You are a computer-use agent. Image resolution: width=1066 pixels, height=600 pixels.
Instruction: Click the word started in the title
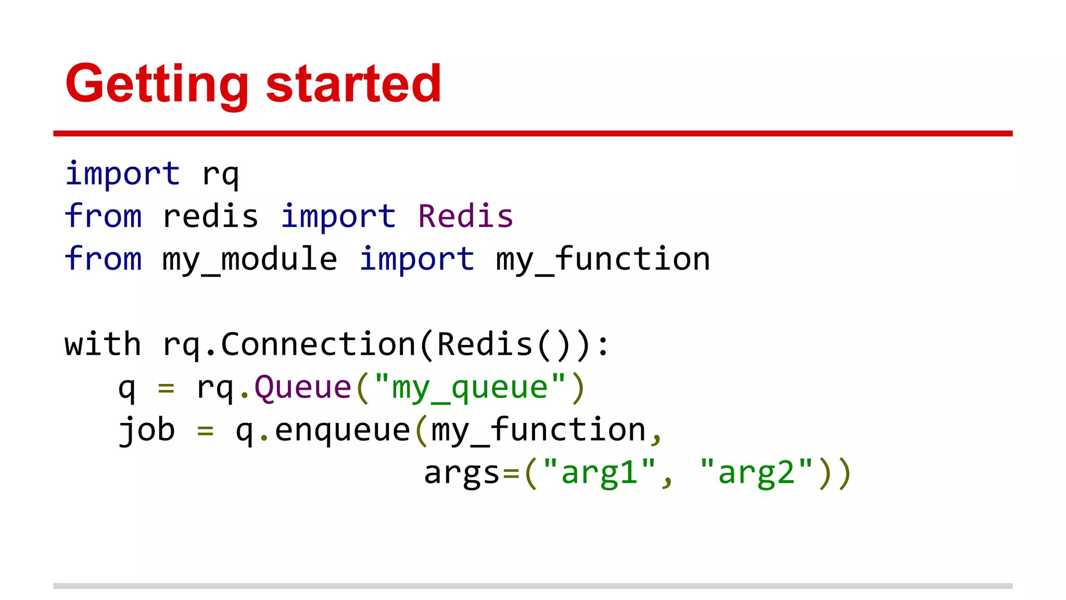pos(353,84)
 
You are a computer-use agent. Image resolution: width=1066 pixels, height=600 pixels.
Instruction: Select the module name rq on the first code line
pos(220,174)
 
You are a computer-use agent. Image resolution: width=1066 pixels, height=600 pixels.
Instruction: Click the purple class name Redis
pos(465,217)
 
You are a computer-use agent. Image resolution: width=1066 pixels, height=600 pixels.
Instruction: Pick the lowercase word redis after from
pos(210,217)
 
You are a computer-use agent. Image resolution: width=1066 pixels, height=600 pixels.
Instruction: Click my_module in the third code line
pos(250,259)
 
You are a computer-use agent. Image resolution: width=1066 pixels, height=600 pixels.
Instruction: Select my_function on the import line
pos(603,259)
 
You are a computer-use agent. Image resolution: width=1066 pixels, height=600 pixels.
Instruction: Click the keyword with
pos(103,345)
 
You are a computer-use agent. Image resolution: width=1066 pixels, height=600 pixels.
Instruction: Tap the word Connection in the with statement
pos(318,345)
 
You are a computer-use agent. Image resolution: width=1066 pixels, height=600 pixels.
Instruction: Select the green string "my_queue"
pos(469,387)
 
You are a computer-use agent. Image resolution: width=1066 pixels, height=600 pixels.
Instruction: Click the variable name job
pos(147,431)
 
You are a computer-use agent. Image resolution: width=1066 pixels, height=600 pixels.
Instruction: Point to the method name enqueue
pos(342,431)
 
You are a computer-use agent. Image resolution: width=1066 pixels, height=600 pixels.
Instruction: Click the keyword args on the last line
pos(462,473)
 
